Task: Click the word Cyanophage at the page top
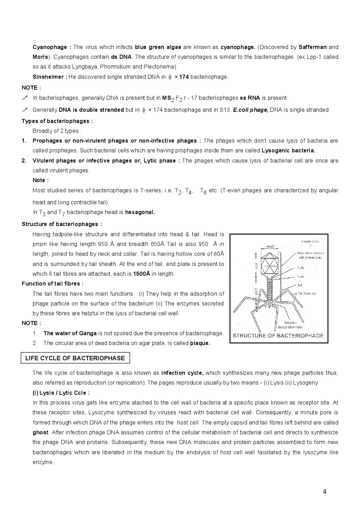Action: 50,47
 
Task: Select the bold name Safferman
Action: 312,47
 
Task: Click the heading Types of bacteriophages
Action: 57,121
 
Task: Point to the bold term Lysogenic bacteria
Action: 288,151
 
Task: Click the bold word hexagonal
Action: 140,212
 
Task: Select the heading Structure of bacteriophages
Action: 62,224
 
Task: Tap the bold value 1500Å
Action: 142,274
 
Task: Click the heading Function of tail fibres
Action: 53,284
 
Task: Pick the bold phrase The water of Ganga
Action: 70,333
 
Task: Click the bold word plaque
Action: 200,343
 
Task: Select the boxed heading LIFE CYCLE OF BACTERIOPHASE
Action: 75,358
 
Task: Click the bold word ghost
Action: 40,432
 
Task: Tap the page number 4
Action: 324,492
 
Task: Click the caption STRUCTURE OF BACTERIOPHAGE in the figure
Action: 278,336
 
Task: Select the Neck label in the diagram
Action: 300,276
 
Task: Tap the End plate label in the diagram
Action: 290,323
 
